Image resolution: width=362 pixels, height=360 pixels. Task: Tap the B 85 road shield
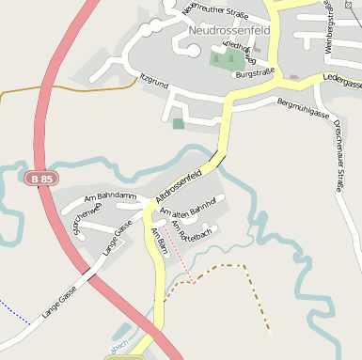pyautogui.click(x=41, y=178)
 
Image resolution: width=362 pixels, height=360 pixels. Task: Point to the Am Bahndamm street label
pyautogui.click(x=104, y=197)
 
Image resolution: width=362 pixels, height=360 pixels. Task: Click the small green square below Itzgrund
pyautogui.click(x=179, y=123)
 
